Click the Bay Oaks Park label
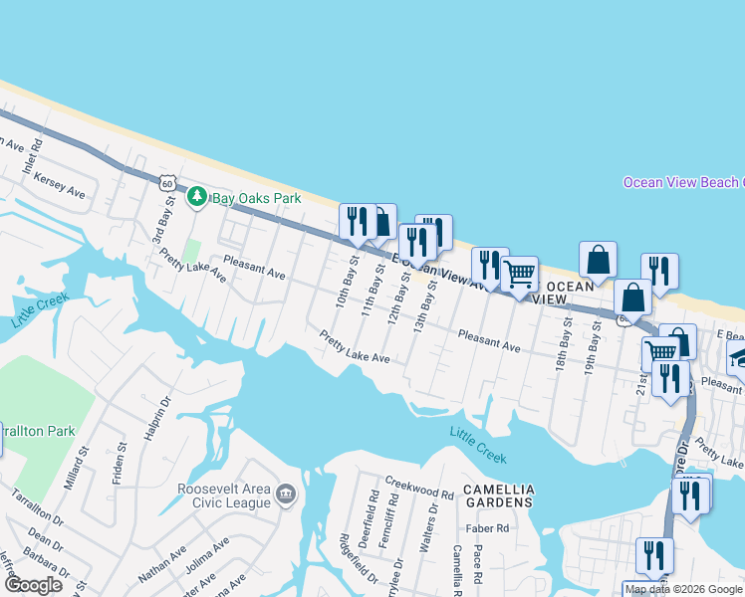pos(257,198)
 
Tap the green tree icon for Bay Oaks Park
pos(198,197)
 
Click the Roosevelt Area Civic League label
pos(224,496)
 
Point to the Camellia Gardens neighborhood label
pos(498,497)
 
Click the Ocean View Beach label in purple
pos(683,182)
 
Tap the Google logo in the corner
pos(33,585)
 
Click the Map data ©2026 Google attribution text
pos(684,590)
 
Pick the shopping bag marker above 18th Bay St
pos(598,261)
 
